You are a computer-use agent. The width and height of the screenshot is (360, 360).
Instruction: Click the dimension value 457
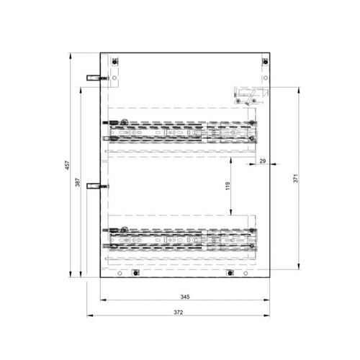click(68, 165)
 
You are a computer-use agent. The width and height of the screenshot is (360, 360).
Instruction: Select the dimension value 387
click(78, 182)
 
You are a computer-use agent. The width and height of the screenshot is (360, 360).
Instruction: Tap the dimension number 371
click(295, 179)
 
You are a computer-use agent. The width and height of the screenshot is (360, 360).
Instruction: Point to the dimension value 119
click(228, 186)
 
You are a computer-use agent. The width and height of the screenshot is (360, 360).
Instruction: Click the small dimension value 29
click(263, 161)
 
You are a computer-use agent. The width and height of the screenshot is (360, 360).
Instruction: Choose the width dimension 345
click(185, 297)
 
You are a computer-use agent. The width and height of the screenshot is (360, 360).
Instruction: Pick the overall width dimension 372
click(179, 312)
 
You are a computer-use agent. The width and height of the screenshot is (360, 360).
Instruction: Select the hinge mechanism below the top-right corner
click(251, 96)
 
